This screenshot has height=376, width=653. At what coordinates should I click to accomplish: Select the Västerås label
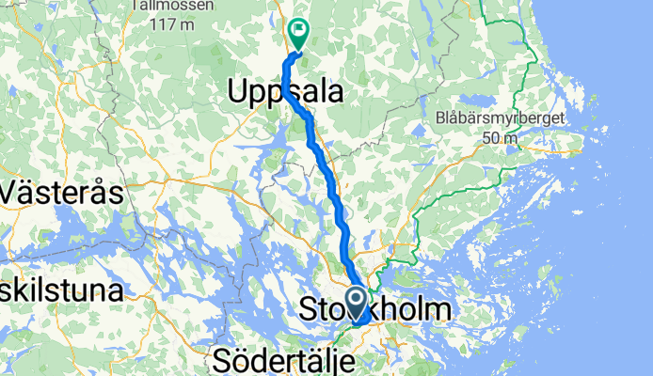coord(62,194)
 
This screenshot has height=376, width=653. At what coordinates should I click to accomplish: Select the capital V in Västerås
coord(13,194)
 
